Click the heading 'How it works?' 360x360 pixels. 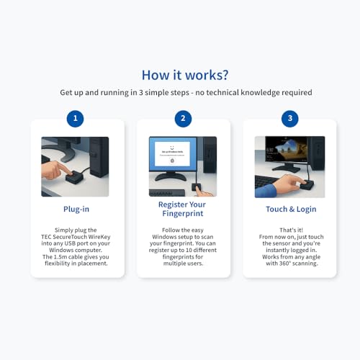[x=185, y=75]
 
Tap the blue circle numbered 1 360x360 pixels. [x=75, y=119]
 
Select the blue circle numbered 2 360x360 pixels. [x=183, y=119]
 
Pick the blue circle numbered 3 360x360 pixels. [x=290, y=119]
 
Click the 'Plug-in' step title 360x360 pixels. [x=76, y=210]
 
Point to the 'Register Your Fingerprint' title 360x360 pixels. [x=182, y=209]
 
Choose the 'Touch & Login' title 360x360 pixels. [x=291, y=210]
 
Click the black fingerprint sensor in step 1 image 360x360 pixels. [x=74, y=178]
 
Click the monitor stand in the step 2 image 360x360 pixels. [x=171, y=176]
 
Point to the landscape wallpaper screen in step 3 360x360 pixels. [x=286, y=149]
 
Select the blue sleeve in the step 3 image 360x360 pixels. [x=266, y=191]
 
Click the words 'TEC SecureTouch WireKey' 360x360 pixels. [x=76, y=237]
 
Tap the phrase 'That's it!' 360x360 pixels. [x=292, y=230]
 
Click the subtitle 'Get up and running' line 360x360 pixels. [x=186, y=93]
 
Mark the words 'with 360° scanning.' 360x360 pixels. [x=292, y=264]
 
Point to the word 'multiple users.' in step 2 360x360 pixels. [x=183, y=264]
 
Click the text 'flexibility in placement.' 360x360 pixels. [x=76, y=264]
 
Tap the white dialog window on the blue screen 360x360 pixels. [x=172, y=154]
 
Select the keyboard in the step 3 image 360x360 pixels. [x=265, y=182]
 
